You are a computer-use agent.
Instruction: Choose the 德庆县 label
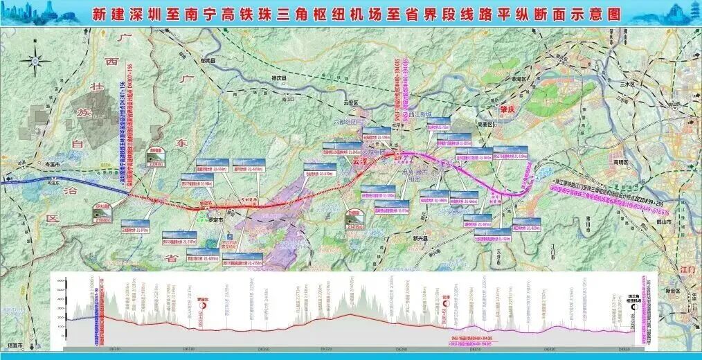pos(278,78)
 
